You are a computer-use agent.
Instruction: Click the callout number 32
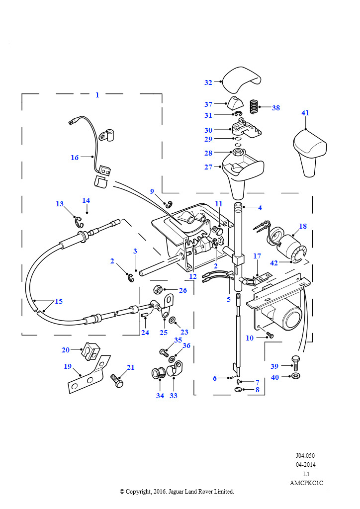pyautogui.click(x=208, y=83)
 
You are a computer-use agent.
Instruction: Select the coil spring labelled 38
pyautogui.click(x=255, y=106)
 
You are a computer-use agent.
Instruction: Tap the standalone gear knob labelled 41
pyautogui.click(x=309, y=153)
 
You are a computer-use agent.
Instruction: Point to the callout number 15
pyautogui.click(x=59, y=301)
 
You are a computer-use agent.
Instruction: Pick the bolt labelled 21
pyautogui.click(x=117, y=381)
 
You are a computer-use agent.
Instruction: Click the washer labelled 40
pyautogui.click(x=296, y=376)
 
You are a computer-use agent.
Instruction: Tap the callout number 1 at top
pyautogui.click(x=97, y=95)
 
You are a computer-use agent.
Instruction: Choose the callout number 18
pyautogui.click(x=302, y=226)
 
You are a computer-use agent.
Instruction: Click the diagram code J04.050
pyautogui.click(x=305, y=455)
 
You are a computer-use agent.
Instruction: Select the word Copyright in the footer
pyautogui.click(x=138, y=492)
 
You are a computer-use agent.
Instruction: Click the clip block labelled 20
pyautogui.click(x=90, y=350)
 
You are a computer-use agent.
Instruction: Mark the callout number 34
pyautogui.click(x=160, y=396)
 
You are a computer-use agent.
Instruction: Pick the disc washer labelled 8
pyautogui.click(x=238, y=390)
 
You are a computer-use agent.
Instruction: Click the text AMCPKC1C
pyautogui.click(x=306, y=483)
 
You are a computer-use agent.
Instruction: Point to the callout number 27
pyautogui.click(x=208, y=167)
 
